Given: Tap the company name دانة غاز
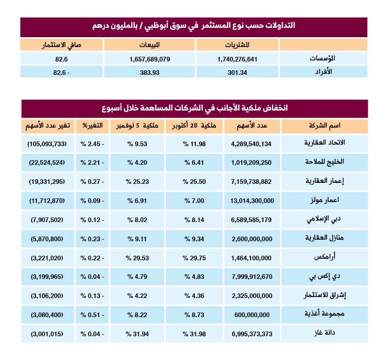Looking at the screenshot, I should (x=346, y=333).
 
